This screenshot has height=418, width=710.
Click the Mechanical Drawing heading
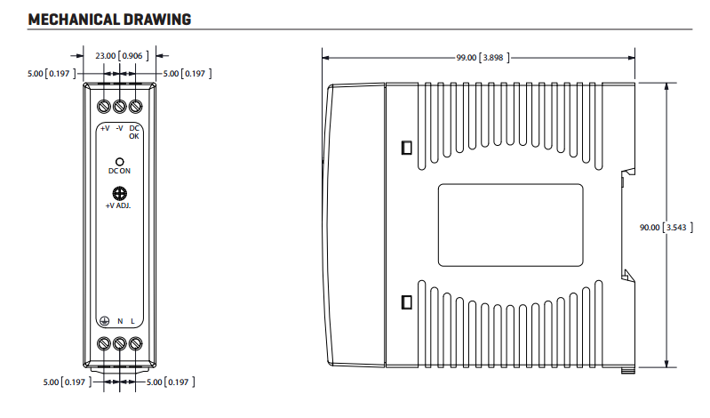[x=109, y=20]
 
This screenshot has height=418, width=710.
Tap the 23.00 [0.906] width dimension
[x=122, y=56]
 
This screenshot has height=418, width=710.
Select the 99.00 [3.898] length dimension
[x=483, y=58]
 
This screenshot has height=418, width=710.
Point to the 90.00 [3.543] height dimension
[x=666, y=227]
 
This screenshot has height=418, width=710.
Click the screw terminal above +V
[x=104, y=107]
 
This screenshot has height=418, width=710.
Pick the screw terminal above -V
[x=120, y=107]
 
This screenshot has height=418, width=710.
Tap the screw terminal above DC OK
[x=135, y=107]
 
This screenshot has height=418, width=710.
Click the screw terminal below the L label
[x=135, y=343]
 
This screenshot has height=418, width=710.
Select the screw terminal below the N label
[x=120, y=343]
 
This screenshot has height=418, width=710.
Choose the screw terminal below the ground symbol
[x=104, y=343]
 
